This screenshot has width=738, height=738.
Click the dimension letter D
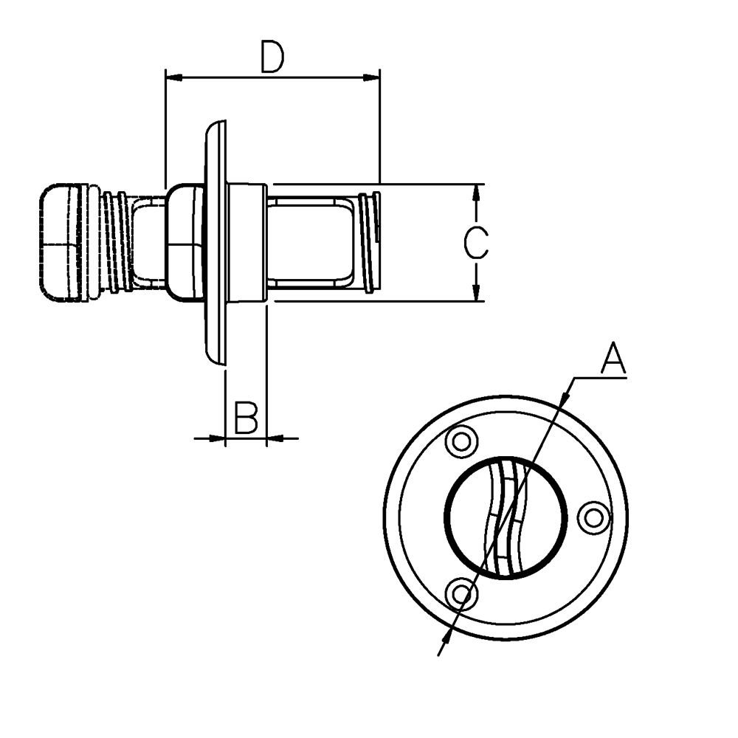tap(273, 58)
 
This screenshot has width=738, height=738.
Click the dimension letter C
tap(476, 243)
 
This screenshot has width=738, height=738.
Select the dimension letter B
tap(246, 418)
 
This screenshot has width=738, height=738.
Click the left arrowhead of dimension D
tap(174, 77)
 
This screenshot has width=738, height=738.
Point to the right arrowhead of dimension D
tap(371, 77)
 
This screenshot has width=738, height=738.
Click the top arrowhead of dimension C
tap(476, 192)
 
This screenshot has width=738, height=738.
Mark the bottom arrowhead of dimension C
tap(476, 292)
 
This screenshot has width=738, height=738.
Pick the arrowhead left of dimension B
tap(216, 438)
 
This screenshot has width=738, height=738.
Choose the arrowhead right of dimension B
tap(275, 438)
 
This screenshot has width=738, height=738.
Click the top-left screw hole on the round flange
tap(462, 442)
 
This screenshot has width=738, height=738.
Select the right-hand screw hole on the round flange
tap(594, 519)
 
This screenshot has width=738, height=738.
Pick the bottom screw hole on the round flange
tap(461, 594)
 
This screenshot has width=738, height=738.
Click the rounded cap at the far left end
tap(60, 243)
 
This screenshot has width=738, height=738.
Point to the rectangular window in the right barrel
tap(308, 243)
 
